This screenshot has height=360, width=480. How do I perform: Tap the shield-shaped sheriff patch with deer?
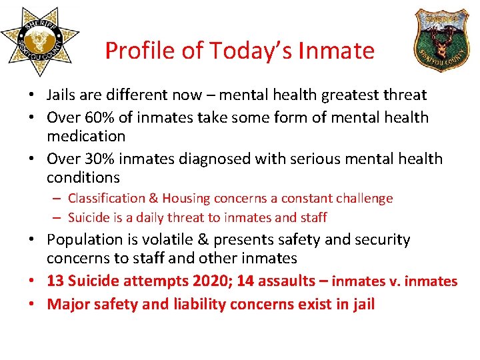pyautogui.click(x=441, y=37)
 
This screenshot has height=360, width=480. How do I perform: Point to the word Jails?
pyautogui.click(x=63, y=96)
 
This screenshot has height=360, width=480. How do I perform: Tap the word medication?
pyautogui.click(x=85, y=137)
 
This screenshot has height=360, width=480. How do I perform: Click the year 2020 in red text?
pyautogui.click(x=192, y=281)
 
